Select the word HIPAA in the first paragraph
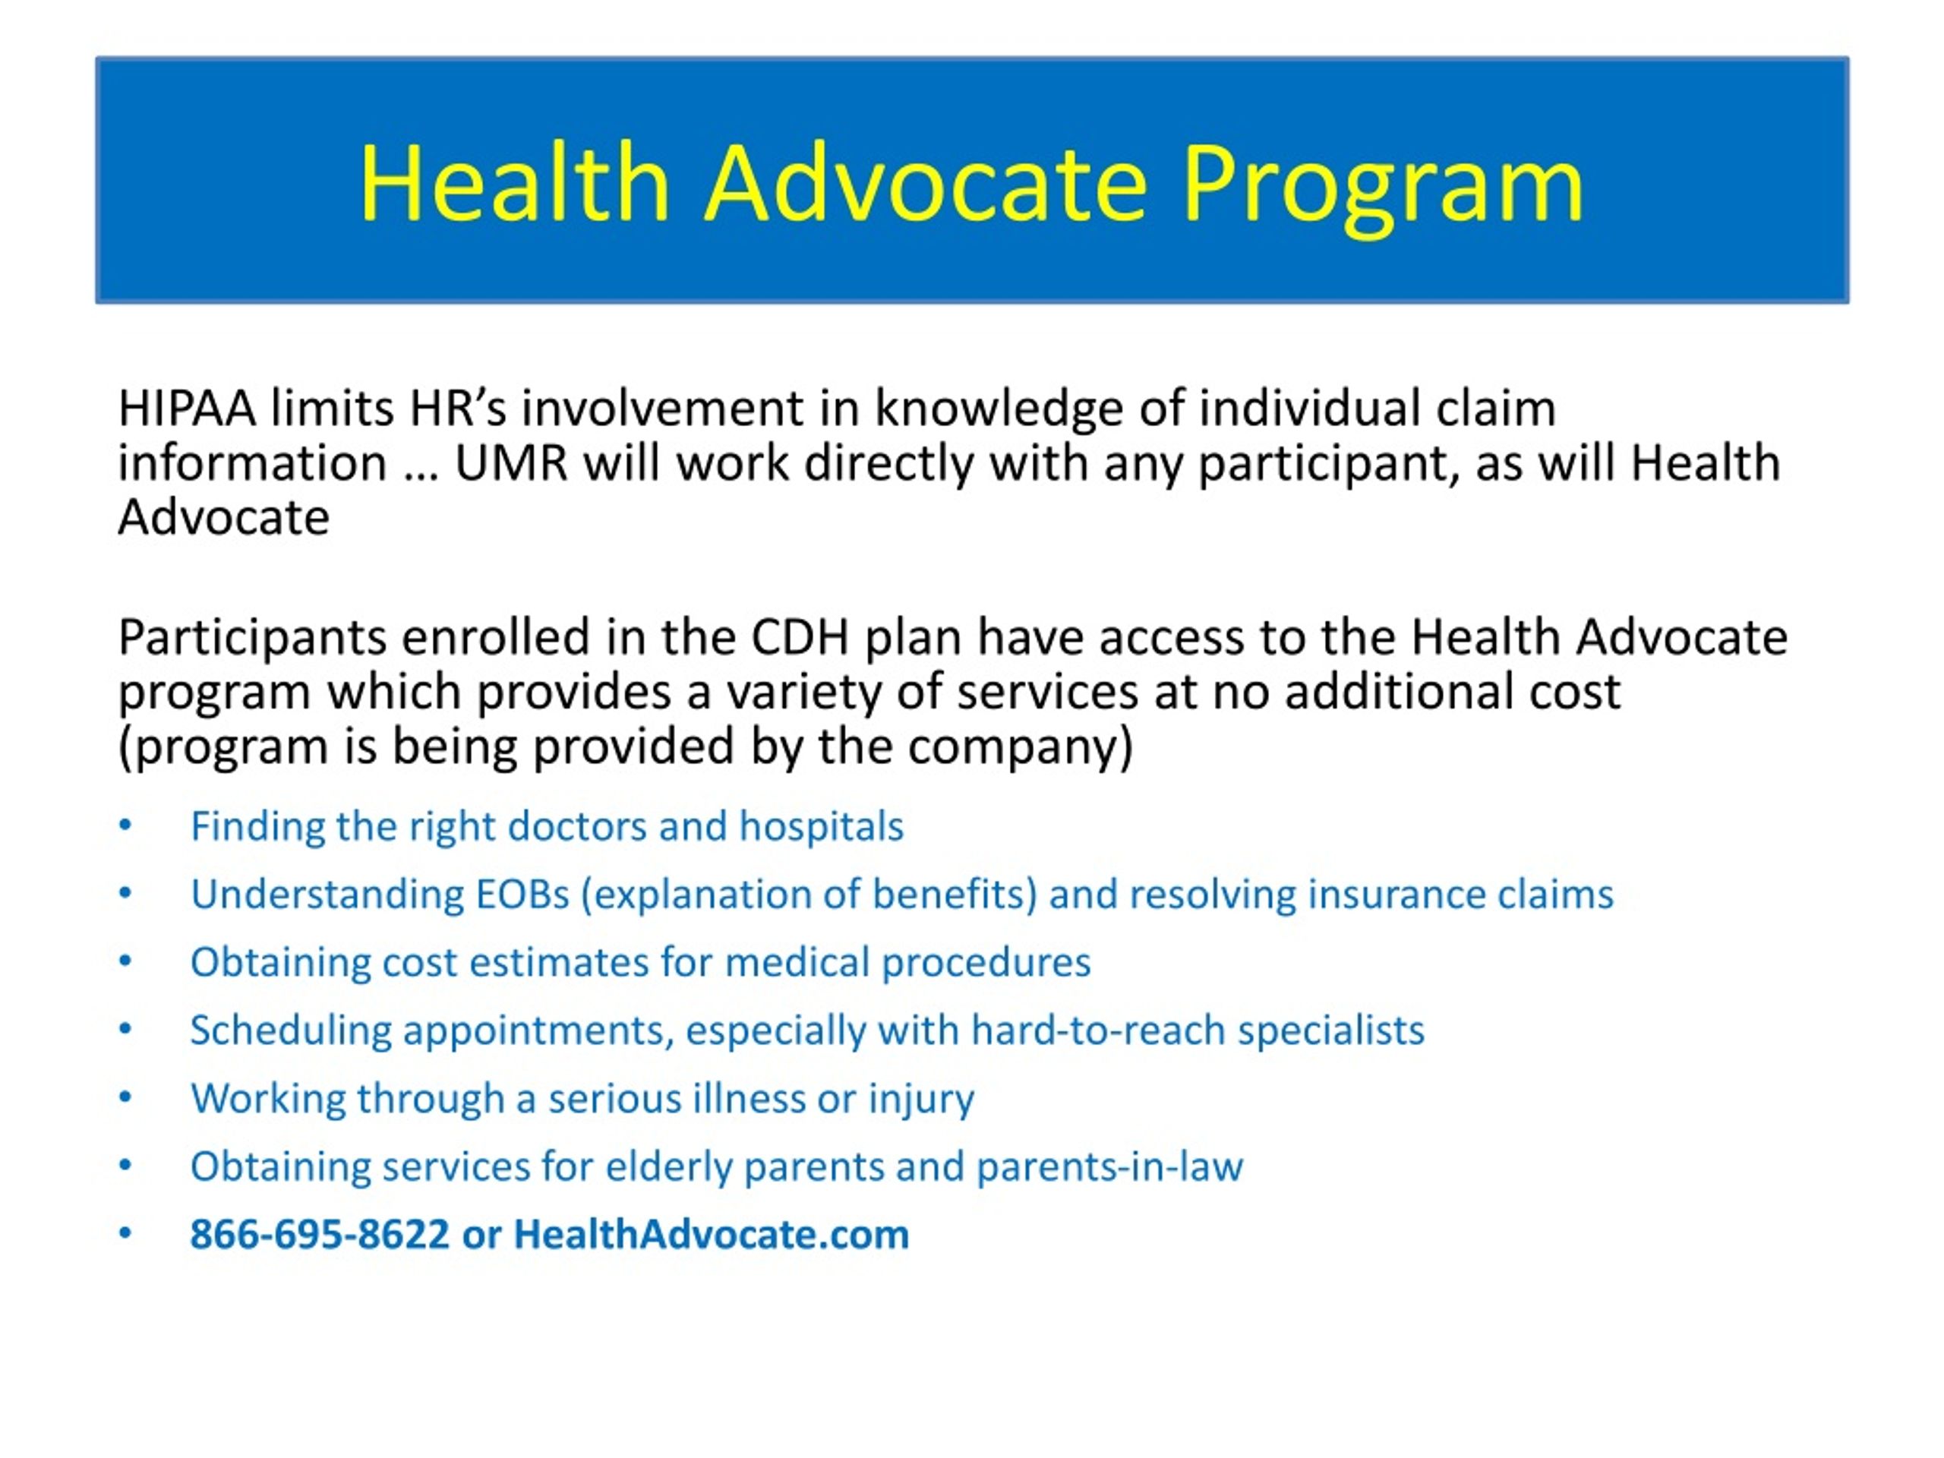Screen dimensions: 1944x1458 [x=188, y=409]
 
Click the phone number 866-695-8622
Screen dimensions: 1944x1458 [x=320, y=1234]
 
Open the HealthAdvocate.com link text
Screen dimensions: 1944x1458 [x=712, y=1234]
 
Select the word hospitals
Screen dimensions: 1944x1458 [x=822, y=826]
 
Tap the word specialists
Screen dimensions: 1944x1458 [x=1331, y=1030]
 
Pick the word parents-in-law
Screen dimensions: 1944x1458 [x=1110, y=1166]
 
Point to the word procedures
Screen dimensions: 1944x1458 [x=987, y=962]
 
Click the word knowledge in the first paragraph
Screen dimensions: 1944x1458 [x=999, y=410]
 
